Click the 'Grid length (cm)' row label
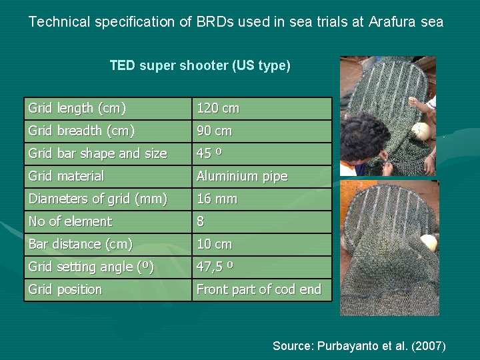click(77, 108)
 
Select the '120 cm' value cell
click(217, 108)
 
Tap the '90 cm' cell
click(214, 131)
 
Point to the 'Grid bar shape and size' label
click(97, 153)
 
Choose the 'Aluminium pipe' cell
click(241, 176)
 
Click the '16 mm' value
click(217, 199)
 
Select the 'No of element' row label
click(70, 221)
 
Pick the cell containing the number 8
click(200, 221)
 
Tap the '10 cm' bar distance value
click(214, 244)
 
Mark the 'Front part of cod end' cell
click(259, 289)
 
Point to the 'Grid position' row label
click(65, 289)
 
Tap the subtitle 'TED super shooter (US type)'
click(200, 66)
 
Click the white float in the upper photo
click(419, 131)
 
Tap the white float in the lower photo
click(429, 243)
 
